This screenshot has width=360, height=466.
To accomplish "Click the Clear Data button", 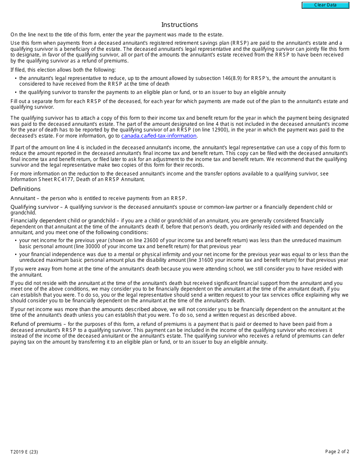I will coord(325,5).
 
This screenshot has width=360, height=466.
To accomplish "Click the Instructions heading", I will coord(180,25).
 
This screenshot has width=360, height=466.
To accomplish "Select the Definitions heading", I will coord(25,189).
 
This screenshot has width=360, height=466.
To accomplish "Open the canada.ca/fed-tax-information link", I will coord(159,136).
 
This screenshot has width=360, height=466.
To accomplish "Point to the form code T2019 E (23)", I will coord(24,452).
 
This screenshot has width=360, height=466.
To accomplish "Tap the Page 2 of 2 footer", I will coord(337,452).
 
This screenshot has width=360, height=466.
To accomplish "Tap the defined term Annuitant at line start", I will coord(23,198).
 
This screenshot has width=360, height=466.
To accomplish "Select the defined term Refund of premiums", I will coord(36,324).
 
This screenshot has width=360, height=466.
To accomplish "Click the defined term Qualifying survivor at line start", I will coord(34,207).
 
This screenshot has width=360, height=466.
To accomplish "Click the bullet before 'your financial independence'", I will coord(16,255).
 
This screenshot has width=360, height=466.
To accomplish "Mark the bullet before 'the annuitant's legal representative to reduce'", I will coord(16,78).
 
